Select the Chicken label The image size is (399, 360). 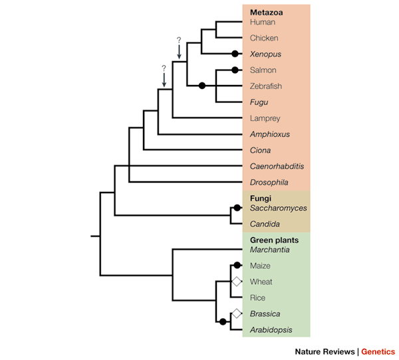[264, 38]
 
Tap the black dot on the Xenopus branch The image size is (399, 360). [235, 54]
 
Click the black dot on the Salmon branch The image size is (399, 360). [235, 70]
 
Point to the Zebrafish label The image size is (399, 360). [266, 86]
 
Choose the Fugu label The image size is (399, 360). [259, 102]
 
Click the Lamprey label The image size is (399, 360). [265, 118]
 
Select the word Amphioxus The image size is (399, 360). [269, 134]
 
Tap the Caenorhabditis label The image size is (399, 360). [277, 166]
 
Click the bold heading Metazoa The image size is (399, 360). [265, 12]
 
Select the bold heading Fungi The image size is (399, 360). [261, 198]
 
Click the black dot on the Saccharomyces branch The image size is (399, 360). [237, 208]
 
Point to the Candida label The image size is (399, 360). [265, 224]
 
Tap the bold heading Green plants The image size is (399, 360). [274, 240]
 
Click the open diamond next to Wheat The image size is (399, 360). [235, 282]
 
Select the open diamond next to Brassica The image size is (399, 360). [235, 314]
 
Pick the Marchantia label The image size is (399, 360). [270, 250]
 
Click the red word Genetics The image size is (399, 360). [378, 351]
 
